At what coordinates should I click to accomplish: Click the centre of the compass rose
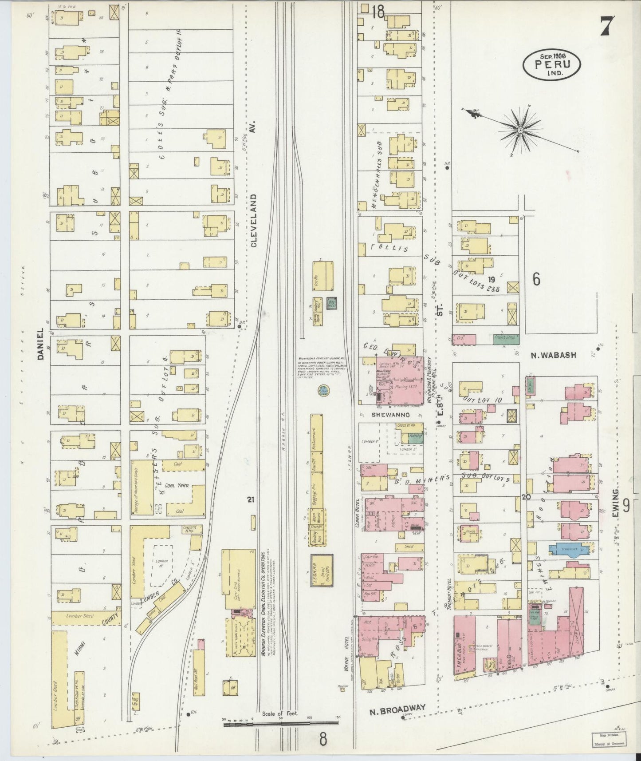[x=520, y=130]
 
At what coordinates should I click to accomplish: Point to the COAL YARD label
[x=177, y=486]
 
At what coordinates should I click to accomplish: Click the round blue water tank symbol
[x=323, y=391]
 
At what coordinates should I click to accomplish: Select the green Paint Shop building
[x=506, y=339]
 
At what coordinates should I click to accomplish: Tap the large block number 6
[x=536, y=280]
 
